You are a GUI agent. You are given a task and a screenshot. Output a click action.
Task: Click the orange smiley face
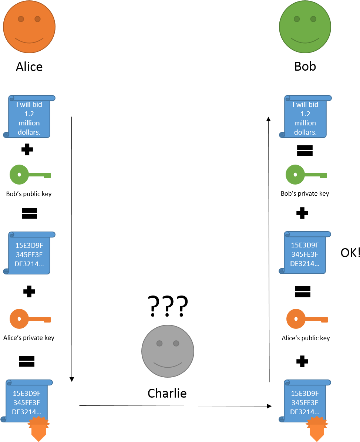click(29, 27)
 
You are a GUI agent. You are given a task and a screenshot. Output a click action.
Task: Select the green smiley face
click(305, 27)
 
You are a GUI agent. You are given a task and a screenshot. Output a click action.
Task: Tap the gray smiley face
click(168, 351)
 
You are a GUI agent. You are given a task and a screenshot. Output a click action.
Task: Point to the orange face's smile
click(29, 40)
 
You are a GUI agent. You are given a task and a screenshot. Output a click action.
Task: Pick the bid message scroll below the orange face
click(29, 117)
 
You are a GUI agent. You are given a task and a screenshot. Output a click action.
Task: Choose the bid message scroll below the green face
click(305, 117)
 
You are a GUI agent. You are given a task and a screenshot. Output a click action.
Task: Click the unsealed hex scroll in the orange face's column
click(29, 253)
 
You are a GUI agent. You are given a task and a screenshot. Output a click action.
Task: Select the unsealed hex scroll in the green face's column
click(305, 253)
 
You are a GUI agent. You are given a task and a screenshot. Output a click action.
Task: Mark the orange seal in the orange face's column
click(38, 428)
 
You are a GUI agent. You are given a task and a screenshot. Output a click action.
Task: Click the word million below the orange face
click(29, 123)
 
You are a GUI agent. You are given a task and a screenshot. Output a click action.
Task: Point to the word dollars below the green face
click(305, 132)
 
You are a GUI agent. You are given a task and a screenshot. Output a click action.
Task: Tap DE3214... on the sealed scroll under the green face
click(305, 412)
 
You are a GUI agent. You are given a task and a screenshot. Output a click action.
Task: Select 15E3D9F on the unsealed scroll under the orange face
click(29, 245)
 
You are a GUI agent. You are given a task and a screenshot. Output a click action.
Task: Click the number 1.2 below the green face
click(305, 114)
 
